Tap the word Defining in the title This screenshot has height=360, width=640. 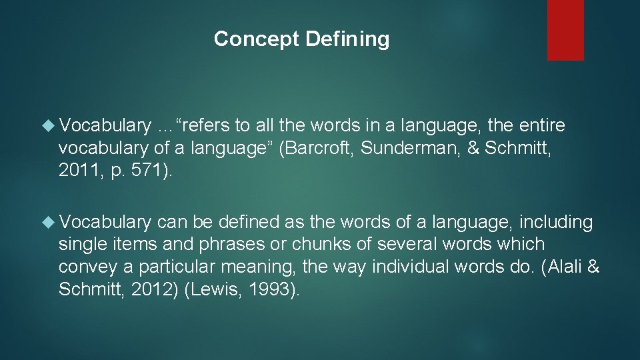coord(347,39)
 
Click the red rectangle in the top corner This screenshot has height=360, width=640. coord(565,30)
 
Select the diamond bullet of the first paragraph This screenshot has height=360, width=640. coord(49,125)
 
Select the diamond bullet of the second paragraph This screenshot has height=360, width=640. coord(49,222)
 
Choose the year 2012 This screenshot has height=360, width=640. coord(147,289)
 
